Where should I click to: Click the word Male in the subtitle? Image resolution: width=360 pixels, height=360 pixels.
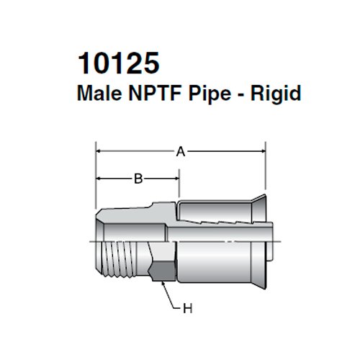click(98, 93)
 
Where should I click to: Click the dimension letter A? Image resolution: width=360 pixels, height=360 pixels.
click(181, 151)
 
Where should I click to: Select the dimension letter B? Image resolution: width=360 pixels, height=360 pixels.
click(138, 179)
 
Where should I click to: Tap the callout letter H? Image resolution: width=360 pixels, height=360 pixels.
click(189, 310)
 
